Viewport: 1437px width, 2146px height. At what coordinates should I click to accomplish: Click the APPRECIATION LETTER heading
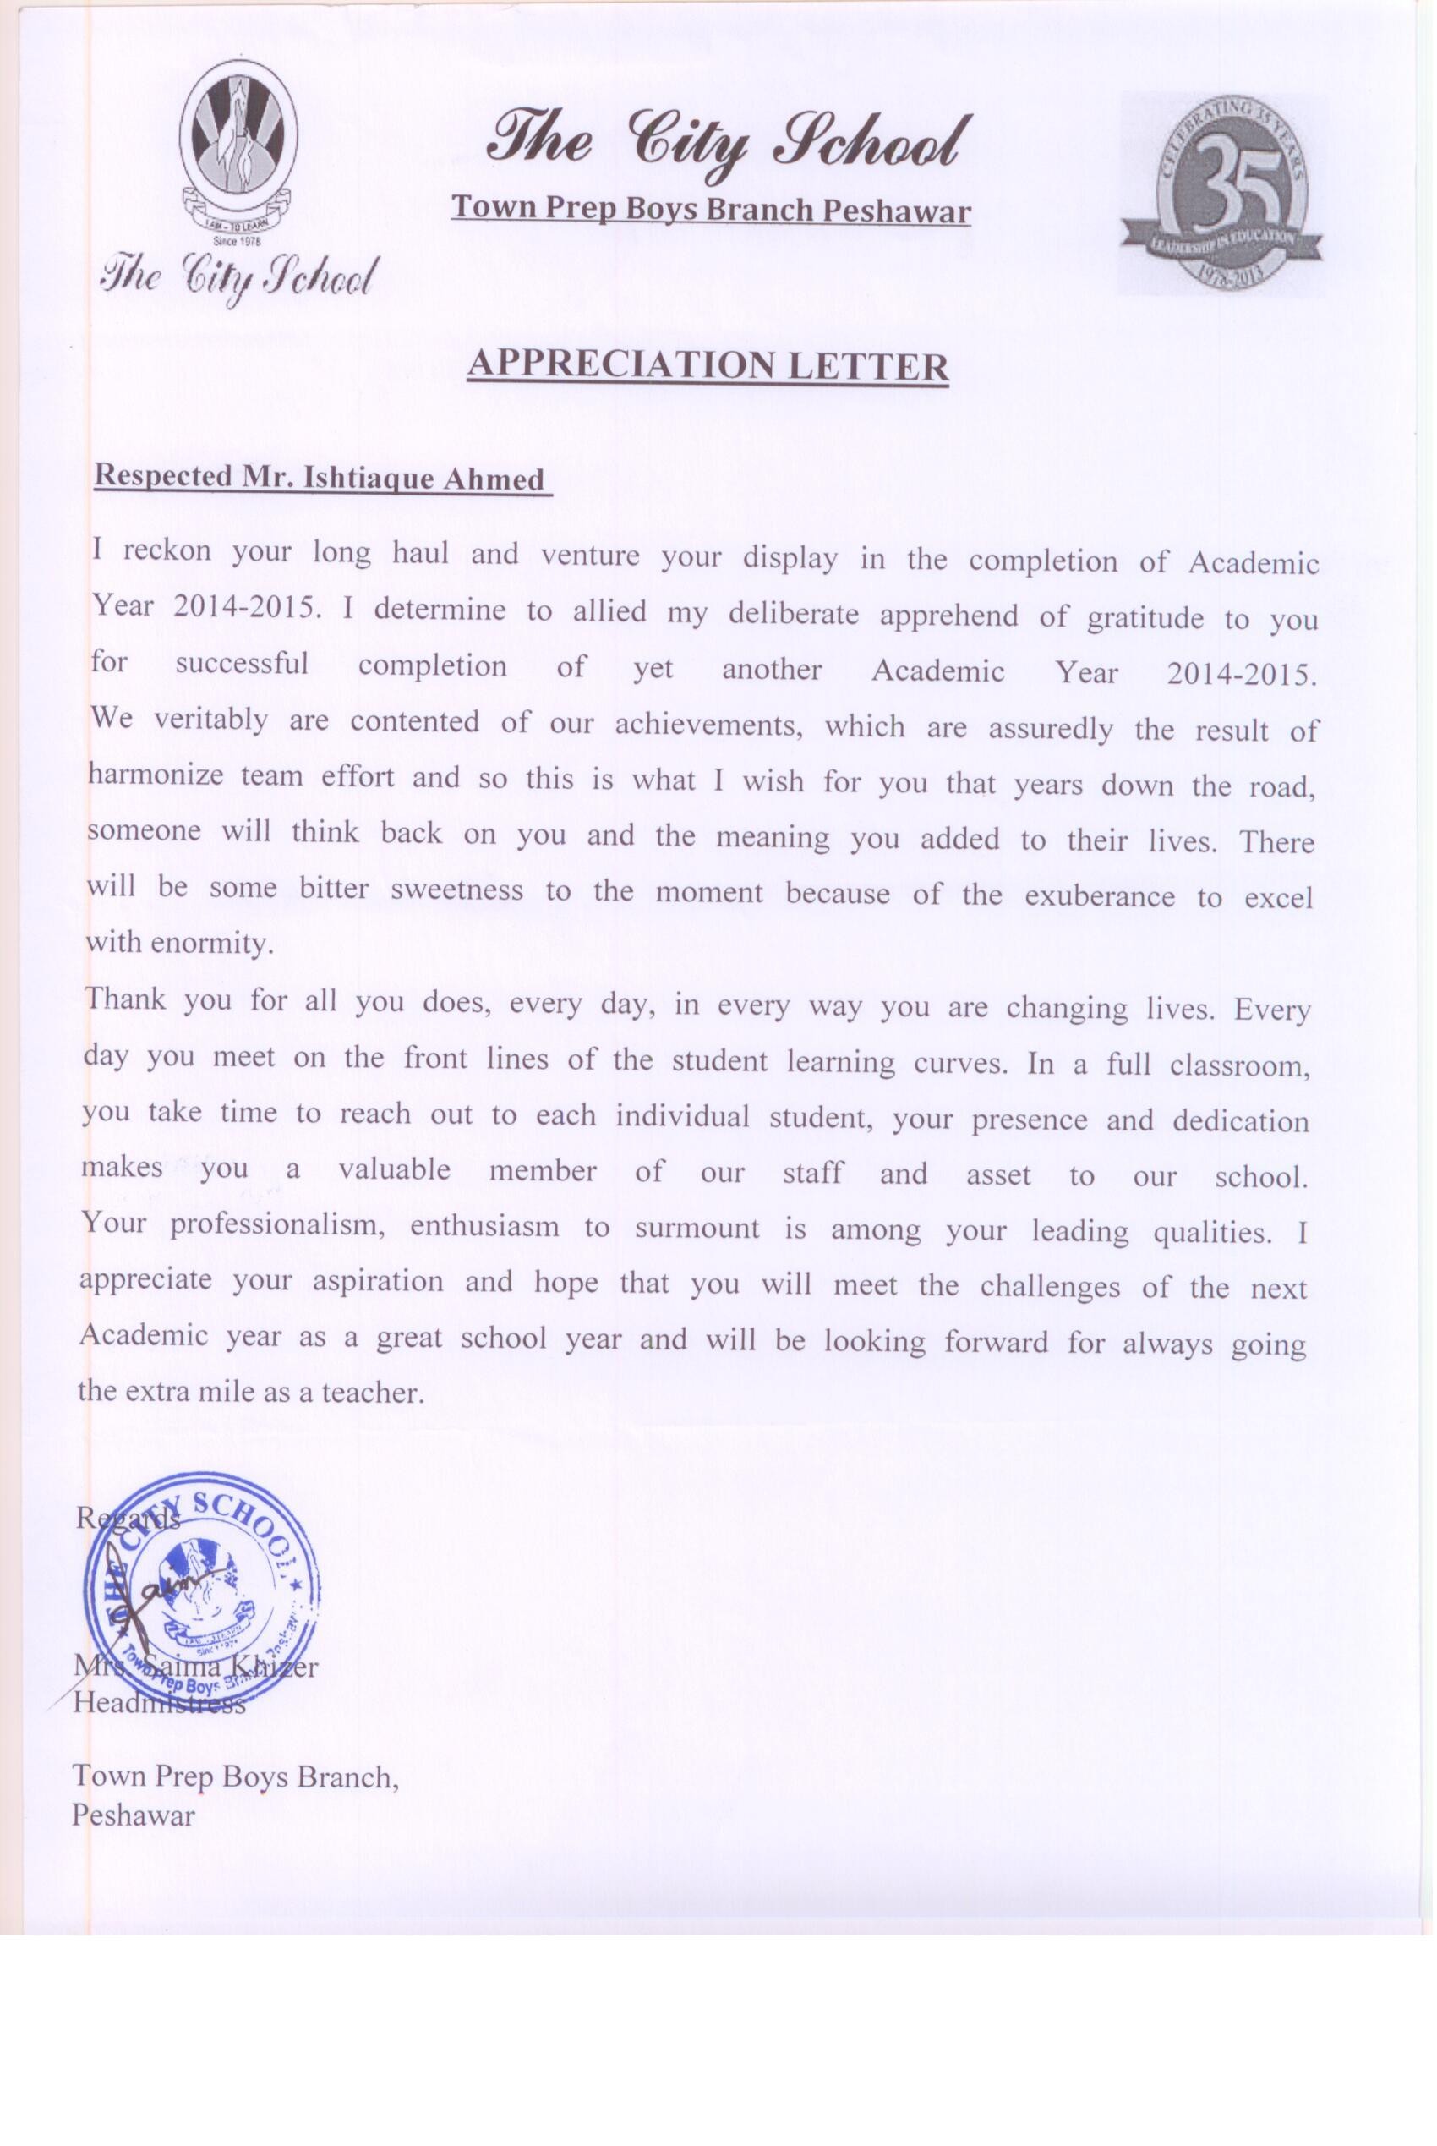[x=707, y=367]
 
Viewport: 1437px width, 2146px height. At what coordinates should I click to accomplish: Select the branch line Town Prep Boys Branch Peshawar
[x=710, y=210]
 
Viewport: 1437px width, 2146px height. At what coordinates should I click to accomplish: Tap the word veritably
[x=210, y=720]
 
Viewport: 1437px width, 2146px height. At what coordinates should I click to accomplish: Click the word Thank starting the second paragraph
[x=126, y=999]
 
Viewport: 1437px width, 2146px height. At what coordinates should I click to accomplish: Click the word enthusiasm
[x=484, y=1228]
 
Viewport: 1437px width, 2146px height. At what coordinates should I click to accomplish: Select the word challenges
[x=1049, y=1287]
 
